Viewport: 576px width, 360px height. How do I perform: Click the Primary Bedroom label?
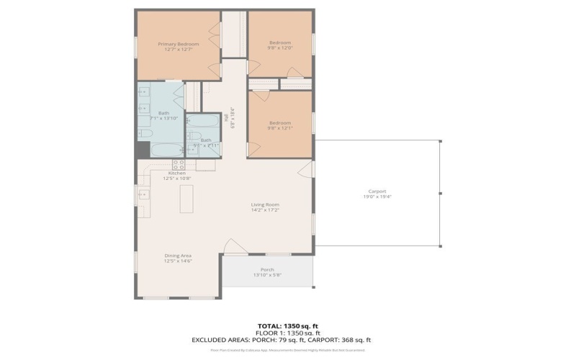(178, 43)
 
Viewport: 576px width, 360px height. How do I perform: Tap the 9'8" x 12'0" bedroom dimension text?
(280, 48)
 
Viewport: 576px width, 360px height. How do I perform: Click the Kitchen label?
(177, 174)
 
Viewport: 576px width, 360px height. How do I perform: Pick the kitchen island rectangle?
(186, 198)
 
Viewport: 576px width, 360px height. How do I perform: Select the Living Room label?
(265, 204)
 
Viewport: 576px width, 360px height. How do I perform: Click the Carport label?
(377, 191)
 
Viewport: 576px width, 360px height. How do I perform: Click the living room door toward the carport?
(308, 169)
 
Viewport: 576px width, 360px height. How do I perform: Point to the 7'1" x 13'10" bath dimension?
(163, 118)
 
